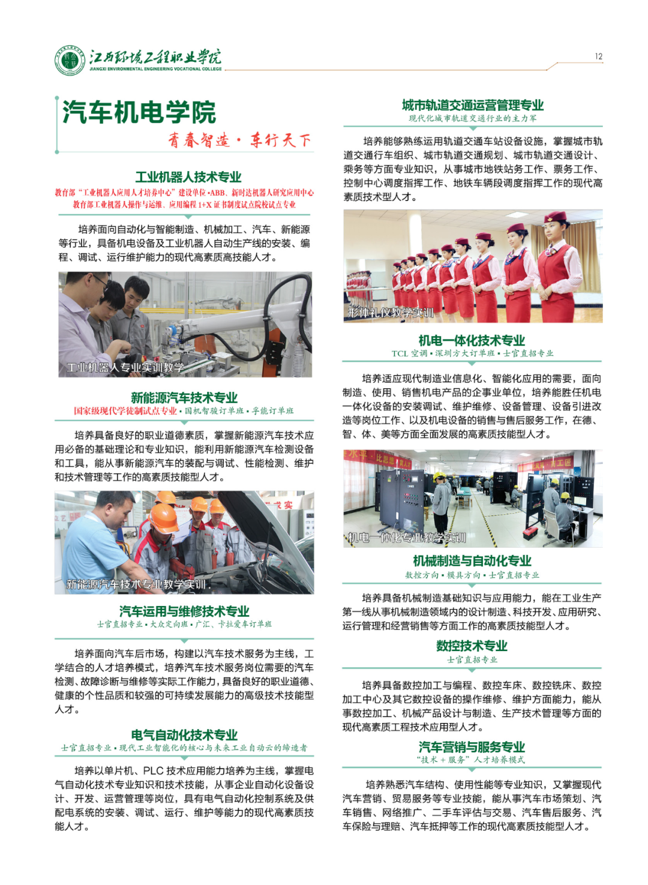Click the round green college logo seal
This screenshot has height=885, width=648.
[x=70, y=61]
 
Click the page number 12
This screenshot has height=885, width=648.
[x=598, y=56]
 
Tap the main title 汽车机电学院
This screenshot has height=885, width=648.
[x=139, y=112]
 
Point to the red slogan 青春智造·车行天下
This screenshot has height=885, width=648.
[x=239, y=140]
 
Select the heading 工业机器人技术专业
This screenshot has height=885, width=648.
[x=188, y=177]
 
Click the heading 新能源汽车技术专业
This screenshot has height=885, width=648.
[x=184, y=397]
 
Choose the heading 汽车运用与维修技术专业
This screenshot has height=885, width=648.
[x=184, y=611]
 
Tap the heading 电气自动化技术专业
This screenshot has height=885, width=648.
[x=184, y=735]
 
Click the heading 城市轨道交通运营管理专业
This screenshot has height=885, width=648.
[x=473, y=105]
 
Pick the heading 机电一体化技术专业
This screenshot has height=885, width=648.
[x=472, y=340]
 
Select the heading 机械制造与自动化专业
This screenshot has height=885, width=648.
[x=472, y=560]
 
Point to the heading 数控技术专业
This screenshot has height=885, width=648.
[x=472, y=646]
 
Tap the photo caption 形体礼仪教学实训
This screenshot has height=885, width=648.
[x=391, y=313]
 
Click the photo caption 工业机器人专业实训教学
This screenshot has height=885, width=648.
[x=125, y=367]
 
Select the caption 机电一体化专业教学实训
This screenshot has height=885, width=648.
[x=406, y=538]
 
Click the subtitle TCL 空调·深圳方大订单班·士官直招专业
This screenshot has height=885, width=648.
[x=472, y=353]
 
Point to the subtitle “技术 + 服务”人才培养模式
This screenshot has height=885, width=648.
[x=470, y=760]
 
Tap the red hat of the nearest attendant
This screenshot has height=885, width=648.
[x=556, y=217]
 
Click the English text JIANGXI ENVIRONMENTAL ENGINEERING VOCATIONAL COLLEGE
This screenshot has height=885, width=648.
[x=155, y=69]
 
